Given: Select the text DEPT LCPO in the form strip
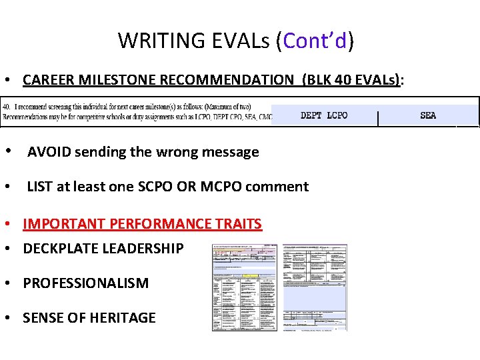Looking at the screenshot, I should [324, 115].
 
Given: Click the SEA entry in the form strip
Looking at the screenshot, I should [428, 115].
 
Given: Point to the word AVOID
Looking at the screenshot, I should [49, 152].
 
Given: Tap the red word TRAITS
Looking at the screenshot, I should [238, 224].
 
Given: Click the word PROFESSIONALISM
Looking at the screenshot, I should [85, 283].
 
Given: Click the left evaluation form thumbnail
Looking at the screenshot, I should [245, 287].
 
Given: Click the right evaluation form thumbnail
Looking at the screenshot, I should [315, 287].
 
